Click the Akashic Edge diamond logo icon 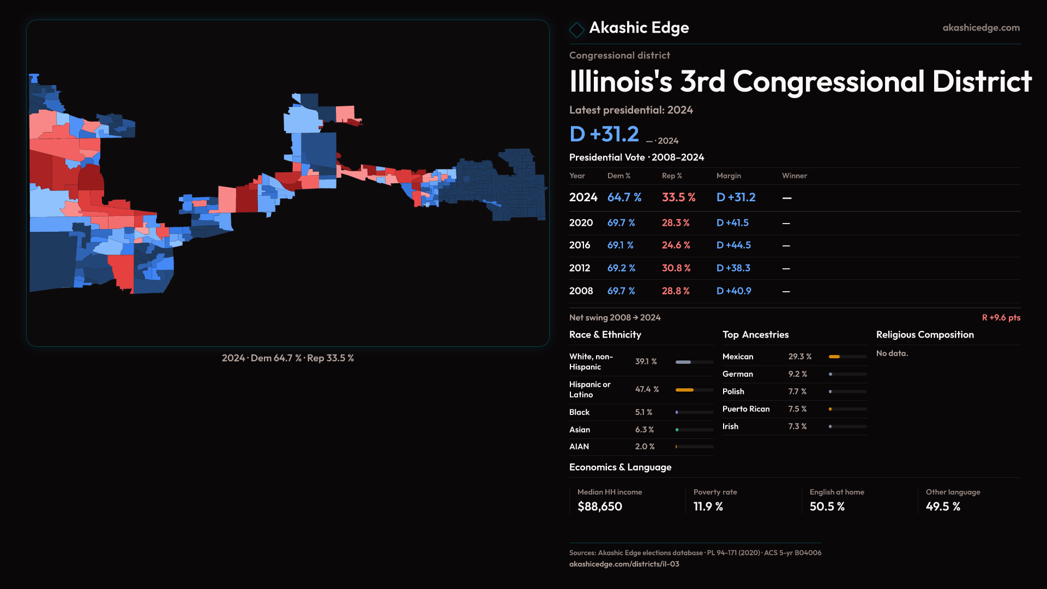[576, 29]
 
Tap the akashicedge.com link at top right [980, 28]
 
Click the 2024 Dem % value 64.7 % [624, 197]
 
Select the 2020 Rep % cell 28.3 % [675, 223]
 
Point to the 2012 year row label [579, 268]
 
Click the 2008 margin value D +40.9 [733, 291]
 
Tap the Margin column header [728, 176]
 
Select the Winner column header [794, 176]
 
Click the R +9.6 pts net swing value [1001, 317]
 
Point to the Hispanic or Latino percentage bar [694, 390]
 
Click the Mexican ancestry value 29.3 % [799, 357]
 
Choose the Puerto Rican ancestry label [745, 409]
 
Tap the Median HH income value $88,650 [599, 507]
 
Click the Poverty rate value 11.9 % [708, 507]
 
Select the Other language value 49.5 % [942, 507]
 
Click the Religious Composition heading [924, 335]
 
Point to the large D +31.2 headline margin [604, 134]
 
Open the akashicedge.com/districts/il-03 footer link [624, 564]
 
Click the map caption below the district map [287, 358]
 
